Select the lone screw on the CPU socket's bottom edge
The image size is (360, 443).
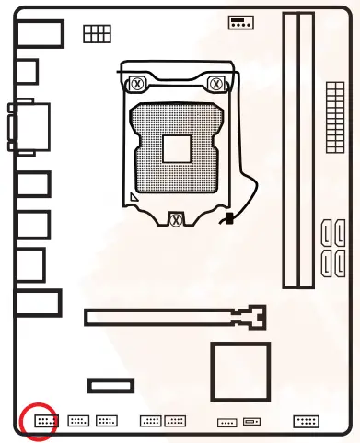176,219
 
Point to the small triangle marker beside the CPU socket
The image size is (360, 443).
135,197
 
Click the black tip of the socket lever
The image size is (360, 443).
227,219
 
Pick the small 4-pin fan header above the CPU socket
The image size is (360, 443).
239,22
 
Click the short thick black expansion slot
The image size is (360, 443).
111,385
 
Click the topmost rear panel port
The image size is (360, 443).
41,33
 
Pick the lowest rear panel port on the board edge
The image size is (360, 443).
38,303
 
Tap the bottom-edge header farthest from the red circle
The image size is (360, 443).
306,421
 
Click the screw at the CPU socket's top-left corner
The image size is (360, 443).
136,83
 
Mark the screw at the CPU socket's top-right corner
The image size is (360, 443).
217,83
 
